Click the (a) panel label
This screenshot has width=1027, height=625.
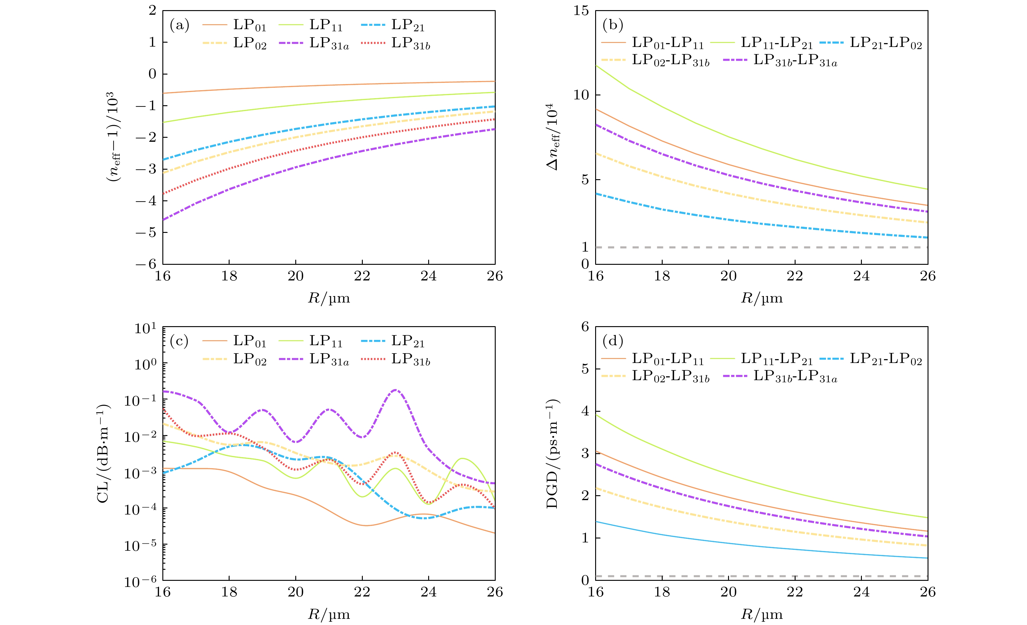click(x=179, y=26)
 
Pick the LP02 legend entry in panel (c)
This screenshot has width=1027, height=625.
click(x=249, y=359)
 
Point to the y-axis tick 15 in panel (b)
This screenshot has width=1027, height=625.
click(x=581, y=11)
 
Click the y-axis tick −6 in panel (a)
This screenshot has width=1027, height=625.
click(x=146, y=264)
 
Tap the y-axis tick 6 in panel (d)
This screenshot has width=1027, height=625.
click(x=585, y=327)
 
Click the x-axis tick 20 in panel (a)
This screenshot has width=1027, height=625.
click(x=296, y=276)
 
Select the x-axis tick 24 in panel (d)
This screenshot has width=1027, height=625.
click(x=861, y=592)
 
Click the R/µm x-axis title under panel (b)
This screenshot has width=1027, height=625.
click(x=762, y=298)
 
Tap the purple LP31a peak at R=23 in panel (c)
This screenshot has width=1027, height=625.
click(x=395, y=390)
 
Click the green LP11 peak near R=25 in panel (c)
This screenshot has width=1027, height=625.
click(x=462, y=458)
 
